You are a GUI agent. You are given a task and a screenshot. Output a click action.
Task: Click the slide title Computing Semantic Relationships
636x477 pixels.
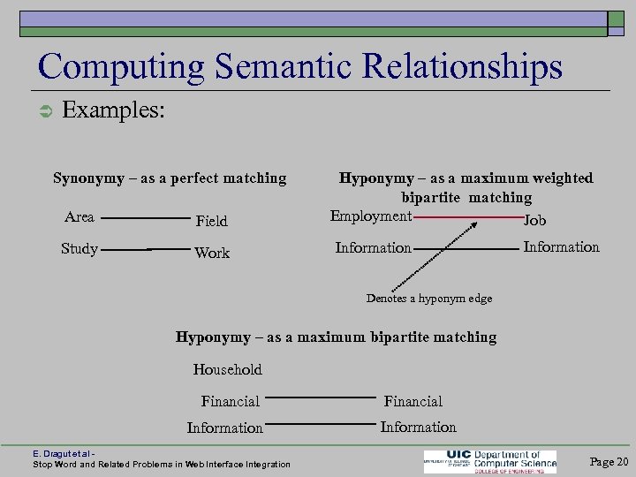pyautogui.click(x=300, y=66)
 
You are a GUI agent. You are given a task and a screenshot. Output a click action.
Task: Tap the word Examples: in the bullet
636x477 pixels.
pyautogui.click(x=114, y=111)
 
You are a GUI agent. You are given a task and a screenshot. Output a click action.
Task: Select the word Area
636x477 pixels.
pyautogui.click(x=79, y=217)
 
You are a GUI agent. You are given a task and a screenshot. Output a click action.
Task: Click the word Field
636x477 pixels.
pyautogui.click(x=211, y=221)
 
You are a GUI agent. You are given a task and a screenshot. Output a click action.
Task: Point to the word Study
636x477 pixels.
pyautogui.click(x=79, y=249)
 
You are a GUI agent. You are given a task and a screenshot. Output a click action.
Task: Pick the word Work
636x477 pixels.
pyautogui.click(x=212, y=253)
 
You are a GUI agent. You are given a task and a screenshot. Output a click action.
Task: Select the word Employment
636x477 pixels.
pyautogui.click(x=371, y=216)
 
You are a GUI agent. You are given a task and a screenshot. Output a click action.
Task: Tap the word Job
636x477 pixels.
pyautogui.click(x=535, y=220)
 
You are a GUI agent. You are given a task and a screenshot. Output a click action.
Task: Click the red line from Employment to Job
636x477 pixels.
pyautogui.click(x=468, y=216)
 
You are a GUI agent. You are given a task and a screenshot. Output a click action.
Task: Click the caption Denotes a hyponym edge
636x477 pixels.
pyautogui.click(x=429, y=299)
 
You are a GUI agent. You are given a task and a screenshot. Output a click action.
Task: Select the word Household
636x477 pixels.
pyautogui.click(x=228, y=369)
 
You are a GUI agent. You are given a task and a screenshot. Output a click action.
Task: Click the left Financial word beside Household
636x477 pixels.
pyautogui.click(x=231, y=401)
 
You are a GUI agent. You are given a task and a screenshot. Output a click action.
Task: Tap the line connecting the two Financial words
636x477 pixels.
pyautogui.click(x=320, y=398)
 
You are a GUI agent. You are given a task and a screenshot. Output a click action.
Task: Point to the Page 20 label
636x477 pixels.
pyautogui.click(x=609, y=461)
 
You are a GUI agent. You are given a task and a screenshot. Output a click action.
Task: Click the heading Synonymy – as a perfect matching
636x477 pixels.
pyautogui.click(x=170, y=178)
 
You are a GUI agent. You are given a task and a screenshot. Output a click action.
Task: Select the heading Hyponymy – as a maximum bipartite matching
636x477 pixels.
pyautogui.click(x=336, y=337)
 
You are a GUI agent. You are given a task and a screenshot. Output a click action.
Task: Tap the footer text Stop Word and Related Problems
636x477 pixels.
pyautogui.click(x=161, y=465)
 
